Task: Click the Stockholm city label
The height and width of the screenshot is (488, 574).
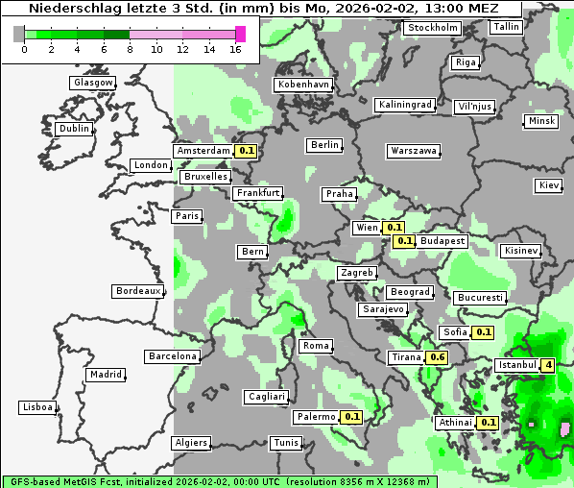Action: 432,28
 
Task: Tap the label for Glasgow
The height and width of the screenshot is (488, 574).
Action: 93,83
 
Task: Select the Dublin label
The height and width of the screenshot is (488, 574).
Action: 74,129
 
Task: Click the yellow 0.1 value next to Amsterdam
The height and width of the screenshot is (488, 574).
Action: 247,151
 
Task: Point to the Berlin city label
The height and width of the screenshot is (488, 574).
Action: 324,145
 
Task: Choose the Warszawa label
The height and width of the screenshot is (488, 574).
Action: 414,151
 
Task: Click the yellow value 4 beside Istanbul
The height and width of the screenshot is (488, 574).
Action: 547,365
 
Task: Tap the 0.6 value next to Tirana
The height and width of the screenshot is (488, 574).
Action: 437,357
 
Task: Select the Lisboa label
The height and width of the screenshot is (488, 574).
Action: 37,407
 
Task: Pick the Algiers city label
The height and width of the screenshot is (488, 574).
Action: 191,443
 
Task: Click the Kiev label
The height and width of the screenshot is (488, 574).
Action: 549,184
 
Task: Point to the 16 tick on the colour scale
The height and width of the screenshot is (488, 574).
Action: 236,49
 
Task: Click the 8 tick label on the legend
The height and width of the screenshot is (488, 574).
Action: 130,49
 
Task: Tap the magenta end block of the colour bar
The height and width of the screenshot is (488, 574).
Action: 240,34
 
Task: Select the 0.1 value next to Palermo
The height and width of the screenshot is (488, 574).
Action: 352,417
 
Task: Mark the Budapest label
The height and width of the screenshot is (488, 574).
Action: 442,240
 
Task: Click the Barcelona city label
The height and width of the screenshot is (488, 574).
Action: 173,356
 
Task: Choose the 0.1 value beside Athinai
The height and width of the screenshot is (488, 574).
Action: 488,422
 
